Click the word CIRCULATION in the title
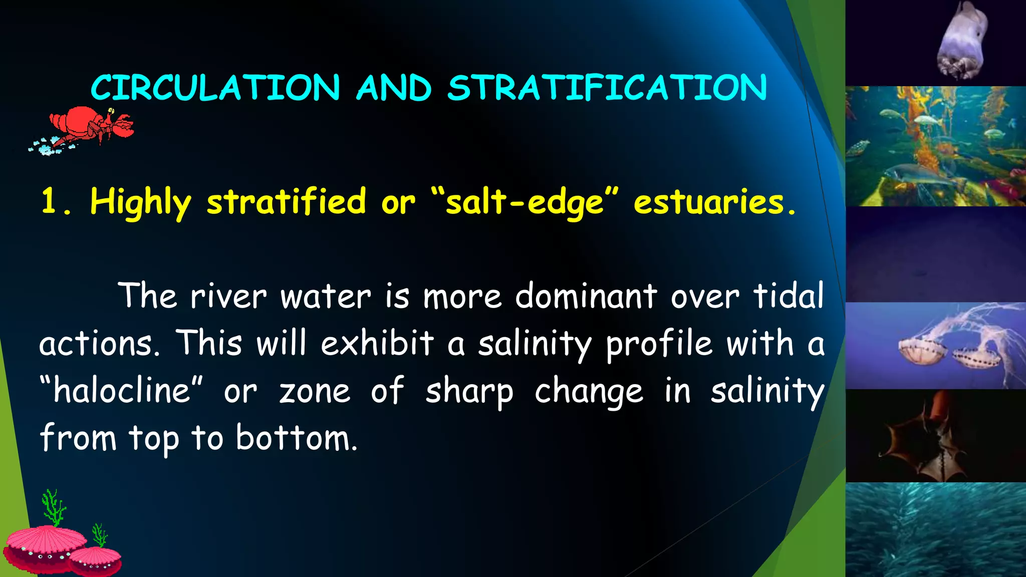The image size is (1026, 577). (x=215, y=88)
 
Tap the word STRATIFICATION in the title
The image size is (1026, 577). (x=607, y=88)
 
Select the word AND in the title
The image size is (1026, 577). (x=394, y=88)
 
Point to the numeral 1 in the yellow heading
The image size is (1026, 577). (x=50, y=201)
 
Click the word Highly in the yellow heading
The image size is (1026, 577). (x=141, y=202)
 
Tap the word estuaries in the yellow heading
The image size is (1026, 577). (x=708, y=202)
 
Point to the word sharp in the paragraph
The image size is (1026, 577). (x=469, y=392)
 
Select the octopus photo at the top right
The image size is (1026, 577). (x=962, y=41)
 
